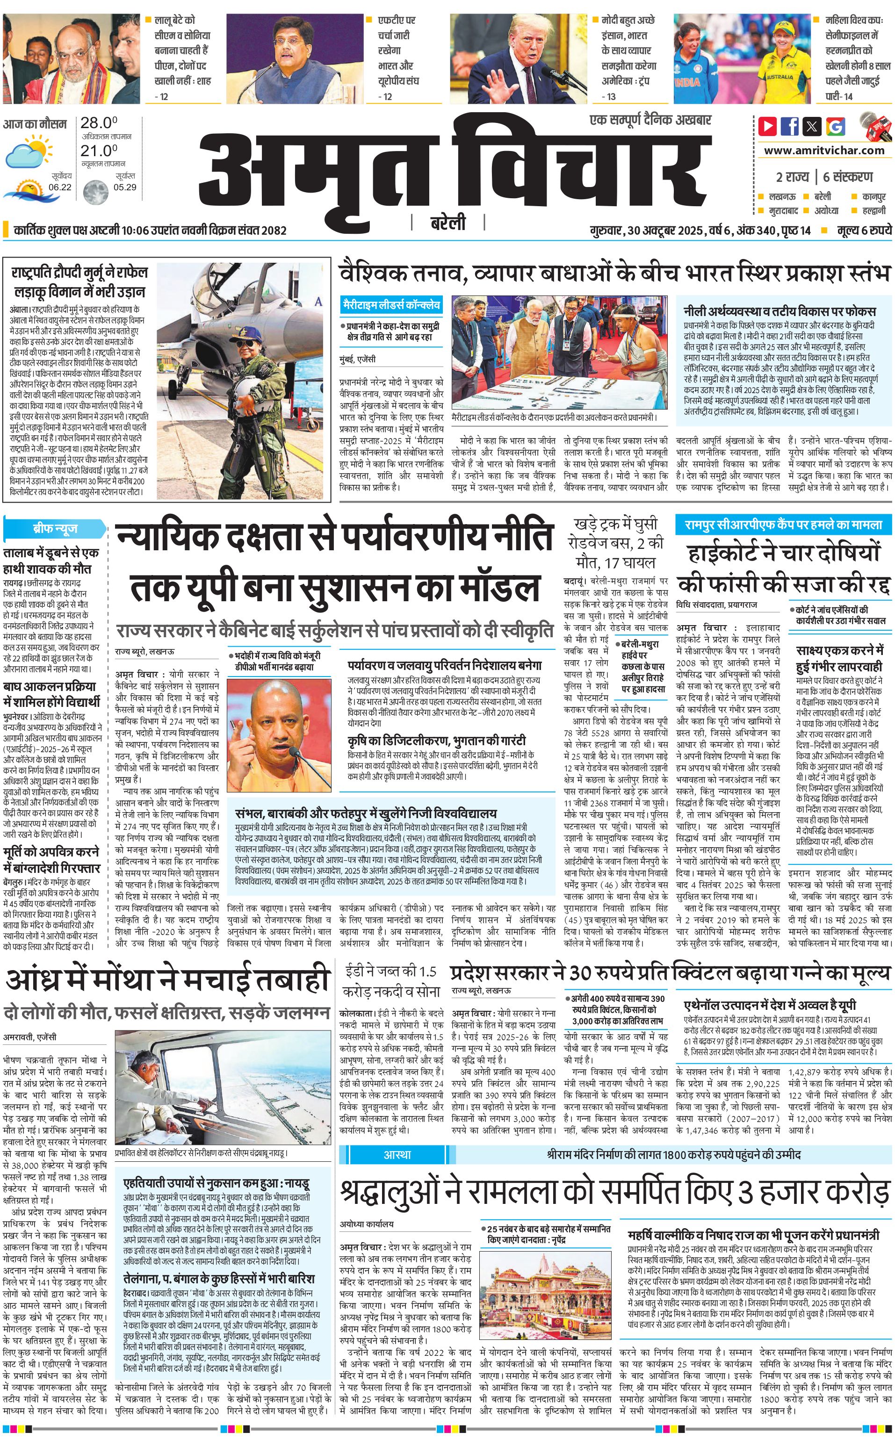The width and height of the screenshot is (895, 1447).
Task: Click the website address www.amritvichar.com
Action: click(x=823, y=151)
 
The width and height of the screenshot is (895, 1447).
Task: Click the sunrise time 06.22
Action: click(x=60, y=187)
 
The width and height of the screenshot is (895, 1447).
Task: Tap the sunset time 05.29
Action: click(x=125, y=187)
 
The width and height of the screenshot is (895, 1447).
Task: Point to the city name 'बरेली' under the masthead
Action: click(x=447, y=223)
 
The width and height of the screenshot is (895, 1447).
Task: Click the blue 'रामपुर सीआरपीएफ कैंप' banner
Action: click(x=783, y=525)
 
